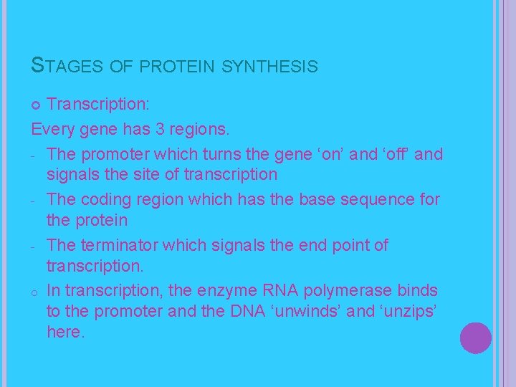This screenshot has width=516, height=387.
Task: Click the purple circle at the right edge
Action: pyautogui.click(x=475, y=338)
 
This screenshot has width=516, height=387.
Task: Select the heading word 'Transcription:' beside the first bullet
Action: pyautogui.click(x=98, y=105)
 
